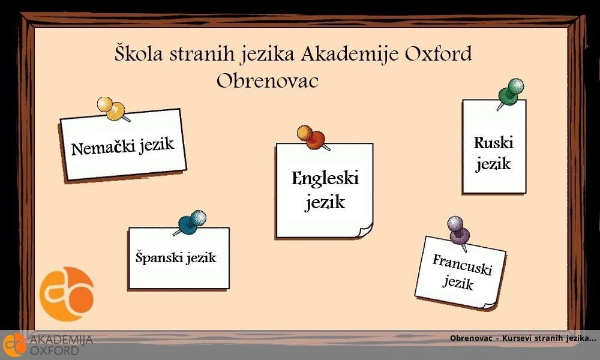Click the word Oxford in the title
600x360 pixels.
438,54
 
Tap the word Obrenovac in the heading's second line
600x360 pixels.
267,80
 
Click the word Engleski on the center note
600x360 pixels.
325,178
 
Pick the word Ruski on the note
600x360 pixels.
493,143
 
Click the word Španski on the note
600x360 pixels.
158,259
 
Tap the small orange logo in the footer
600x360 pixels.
14,345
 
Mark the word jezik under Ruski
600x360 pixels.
493,164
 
